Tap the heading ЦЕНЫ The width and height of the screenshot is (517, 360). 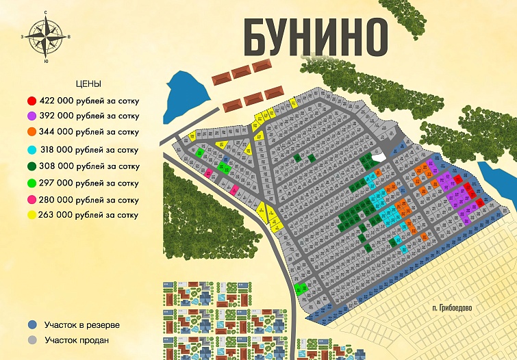(88, 83)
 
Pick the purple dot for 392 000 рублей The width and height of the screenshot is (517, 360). (31, 116)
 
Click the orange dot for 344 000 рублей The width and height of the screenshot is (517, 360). (31, 132)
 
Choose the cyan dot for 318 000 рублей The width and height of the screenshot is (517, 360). (31, 150)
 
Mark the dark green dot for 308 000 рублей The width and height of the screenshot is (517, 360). (31, 166)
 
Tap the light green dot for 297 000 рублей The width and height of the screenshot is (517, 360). (31, 183)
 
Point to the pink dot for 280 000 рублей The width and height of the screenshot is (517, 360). (31, 200)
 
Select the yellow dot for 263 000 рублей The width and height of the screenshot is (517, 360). (31, 216)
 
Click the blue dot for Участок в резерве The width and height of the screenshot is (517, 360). (32, 324)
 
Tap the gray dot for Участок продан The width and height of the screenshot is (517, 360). (32, 340)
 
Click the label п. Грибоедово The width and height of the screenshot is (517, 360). (452, 307)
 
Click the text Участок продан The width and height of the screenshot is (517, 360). (77, 340)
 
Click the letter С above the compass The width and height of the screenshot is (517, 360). (45, 13)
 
